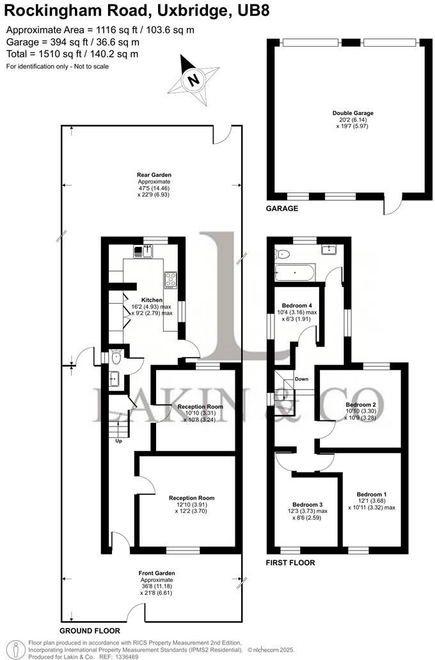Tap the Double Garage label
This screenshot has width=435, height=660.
tap(349, 113)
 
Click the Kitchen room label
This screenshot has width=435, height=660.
tap(152, 299)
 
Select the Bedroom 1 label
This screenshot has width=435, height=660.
tap(372, 494)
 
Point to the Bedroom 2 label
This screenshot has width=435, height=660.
tap(361, 405)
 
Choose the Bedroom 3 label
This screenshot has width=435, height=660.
tap(307, 504)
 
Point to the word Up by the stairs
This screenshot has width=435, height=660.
tap(118, 441)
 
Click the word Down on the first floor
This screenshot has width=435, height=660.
tap(301, 379)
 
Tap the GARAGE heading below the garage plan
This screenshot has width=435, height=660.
tap(282, 208)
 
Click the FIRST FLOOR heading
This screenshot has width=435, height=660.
tap(291, 563)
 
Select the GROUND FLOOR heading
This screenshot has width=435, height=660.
tap(90, 631)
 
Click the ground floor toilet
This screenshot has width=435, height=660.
tap(115, 358)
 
